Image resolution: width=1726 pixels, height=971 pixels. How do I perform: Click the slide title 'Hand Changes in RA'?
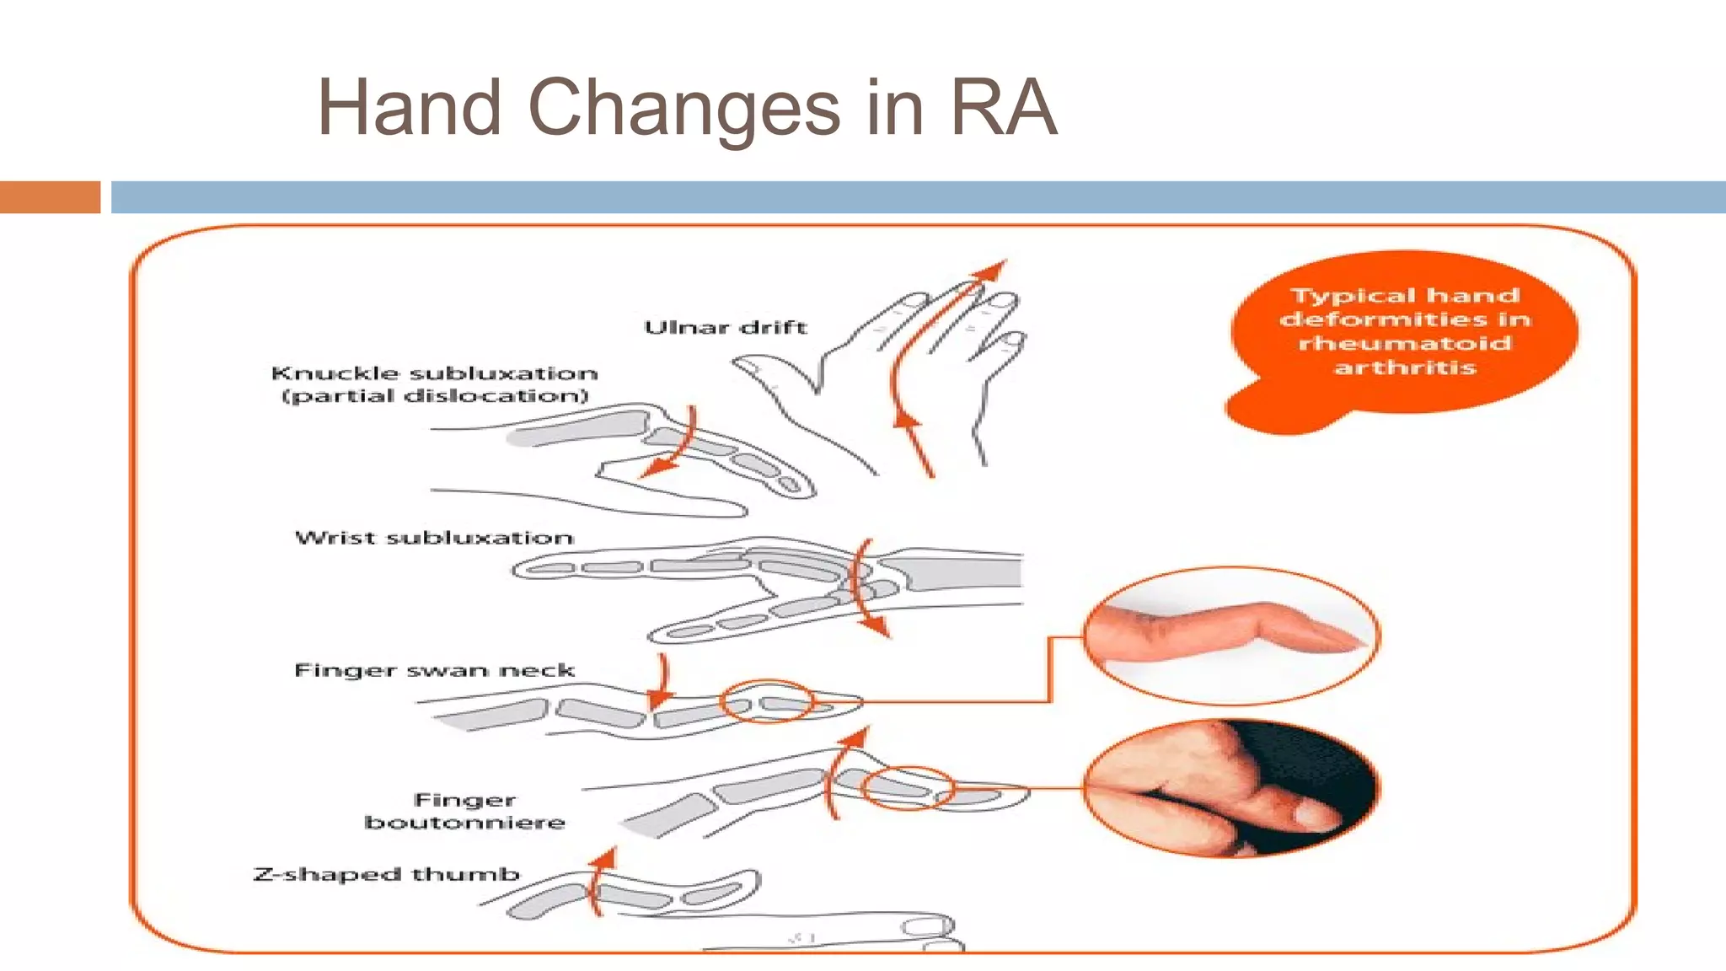click(687, 108)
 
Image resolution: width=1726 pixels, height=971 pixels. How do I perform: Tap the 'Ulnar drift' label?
click(725, 327)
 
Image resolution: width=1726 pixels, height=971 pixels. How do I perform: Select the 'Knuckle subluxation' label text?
click(434, 373)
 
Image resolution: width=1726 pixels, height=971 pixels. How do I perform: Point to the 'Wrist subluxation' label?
click(434, 538)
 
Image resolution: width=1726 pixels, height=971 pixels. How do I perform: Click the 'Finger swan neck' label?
click(434, 671)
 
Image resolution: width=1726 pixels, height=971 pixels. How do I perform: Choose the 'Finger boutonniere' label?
click(464, 811)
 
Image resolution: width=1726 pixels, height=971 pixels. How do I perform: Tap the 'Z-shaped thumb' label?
click(387, 875)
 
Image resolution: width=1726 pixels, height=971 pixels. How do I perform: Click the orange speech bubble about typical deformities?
click(1403, 333)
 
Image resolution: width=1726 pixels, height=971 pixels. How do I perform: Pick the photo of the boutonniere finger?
click(1231, 788)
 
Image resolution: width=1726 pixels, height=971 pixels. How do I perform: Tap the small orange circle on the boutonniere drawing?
click(908, 788)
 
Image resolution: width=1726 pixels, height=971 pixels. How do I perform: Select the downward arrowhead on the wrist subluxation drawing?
click(876, 626)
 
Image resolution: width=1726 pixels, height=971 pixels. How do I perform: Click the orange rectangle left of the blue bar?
click(50, 197)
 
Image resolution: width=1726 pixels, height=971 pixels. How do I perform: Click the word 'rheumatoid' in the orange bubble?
click(1404, 343)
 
